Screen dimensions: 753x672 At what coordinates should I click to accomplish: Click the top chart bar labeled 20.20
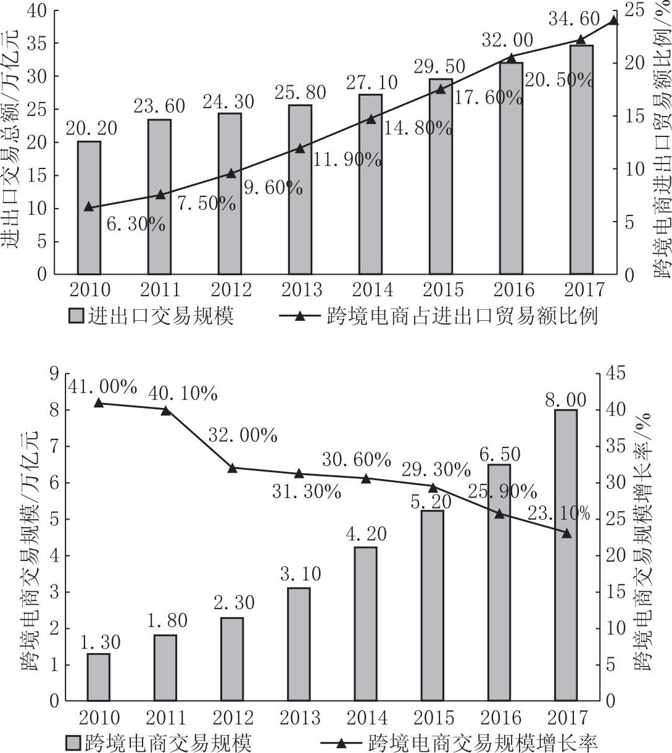click(x=89, y=207)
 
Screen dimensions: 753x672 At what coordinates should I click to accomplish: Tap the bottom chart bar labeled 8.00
click(x=565, y=555)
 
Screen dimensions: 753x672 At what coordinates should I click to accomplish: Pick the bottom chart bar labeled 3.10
click(x=299, y=644)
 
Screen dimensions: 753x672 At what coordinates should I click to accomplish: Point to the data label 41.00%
click(x=102, y=387)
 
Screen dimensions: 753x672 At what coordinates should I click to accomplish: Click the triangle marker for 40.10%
click(x=166, y=410)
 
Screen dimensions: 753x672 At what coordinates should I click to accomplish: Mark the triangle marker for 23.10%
click(x=566, y=533)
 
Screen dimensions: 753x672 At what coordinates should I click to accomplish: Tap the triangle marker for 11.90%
click(x=300, y=148)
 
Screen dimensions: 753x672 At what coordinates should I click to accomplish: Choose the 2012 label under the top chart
click(x=231, y=289)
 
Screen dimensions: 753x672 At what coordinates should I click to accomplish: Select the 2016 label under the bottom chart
click(x=500, y=717)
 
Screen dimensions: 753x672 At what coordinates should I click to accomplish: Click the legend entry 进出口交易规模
click(x=152, y=316)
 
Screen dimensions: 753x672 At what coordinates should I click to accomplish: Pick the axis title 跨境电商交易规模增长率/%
click(x=648, y=537)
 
